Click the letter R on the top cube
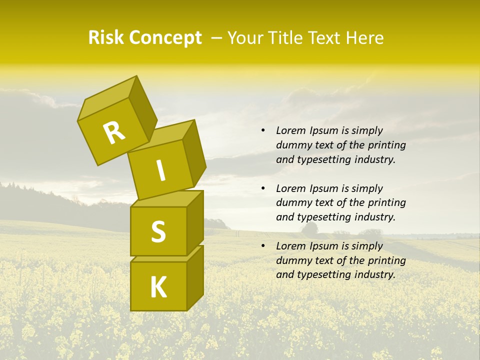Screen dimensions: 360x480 point(114,133)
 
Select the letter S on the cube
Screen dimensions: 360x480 point(158,231)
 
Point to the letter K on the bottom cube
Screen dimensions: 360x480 point(158,287)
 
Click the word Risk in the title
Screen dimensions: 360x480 point(106,38)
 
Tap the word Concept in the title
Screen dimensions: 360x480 point(165,38)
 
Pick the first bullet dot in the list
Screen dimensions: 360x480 point(263,131)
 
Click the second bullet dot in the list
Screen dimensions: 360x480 point(263,188)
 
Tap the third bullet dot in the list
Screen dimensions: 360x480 point(263,246)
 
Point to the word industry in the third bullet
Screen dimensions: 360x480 point(375,274)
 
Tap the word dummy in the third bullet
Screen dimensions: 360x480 point(293,260)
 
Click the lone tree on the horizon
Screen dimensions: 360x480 point(309,229)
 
